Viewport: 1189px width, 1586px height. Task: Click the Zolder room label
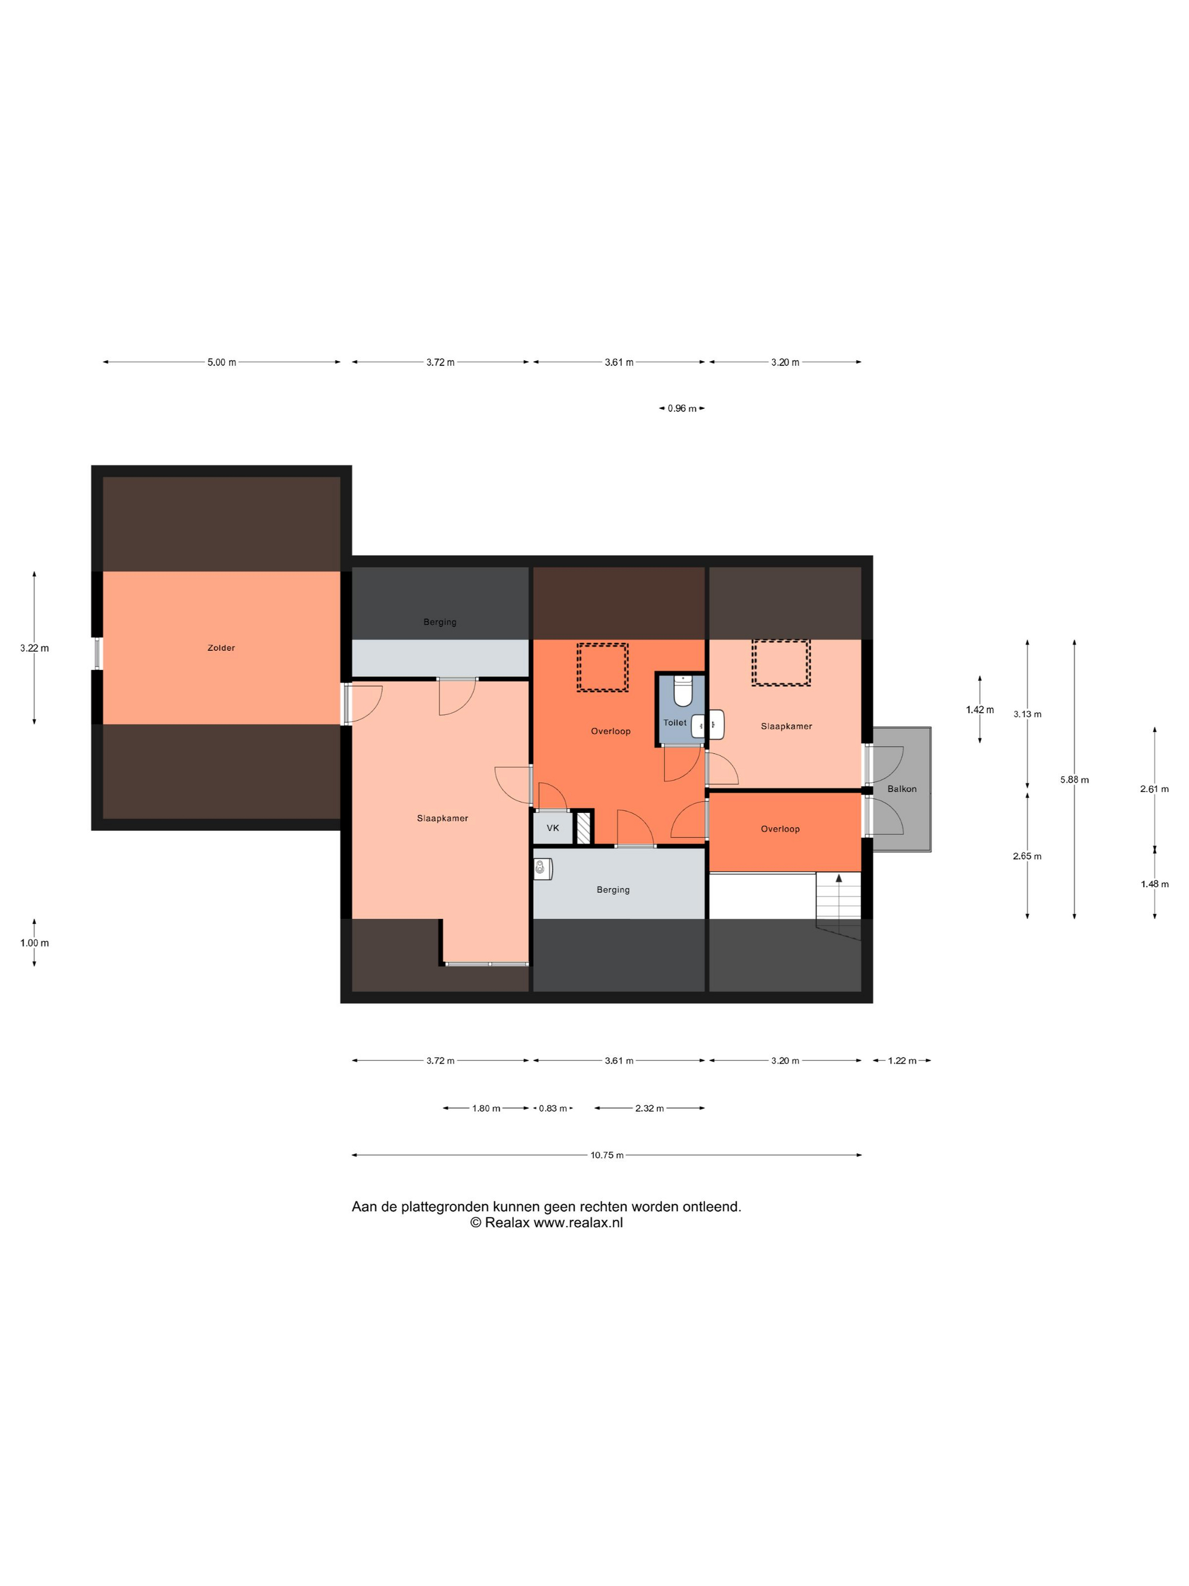tap(221, 647)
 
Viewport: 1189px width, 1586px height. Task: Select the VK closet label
tap(553, 828)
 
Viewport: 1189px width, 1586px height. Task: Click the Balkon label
tap(901, 788)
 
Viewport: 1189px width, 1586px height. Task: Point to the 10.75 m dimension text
tap(607, 1155)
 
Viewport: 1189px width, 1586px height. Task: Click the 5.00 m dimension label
tap(221, 362)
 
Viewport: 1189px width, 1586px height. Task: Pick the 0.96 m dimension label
tap(682, 409)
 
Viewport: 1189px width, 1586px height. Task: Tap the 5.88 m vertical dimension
tap(1074, 779)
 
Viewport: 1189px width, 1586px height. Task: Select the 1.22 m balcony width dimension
tap(901, 1060)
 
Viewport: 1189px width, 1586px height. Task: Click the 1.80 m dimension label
tap(486, 1109)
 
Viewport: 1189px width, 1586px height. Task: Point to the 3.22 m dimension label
tap(35, 648)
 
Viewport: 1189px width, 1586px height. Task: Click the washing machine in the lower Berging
tap(542, 869)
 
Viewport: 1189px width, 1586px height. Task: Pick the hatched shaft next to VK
tap(584, 826)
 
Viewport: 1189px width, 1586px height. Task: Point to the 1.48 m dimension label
tap(1154, 884)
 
